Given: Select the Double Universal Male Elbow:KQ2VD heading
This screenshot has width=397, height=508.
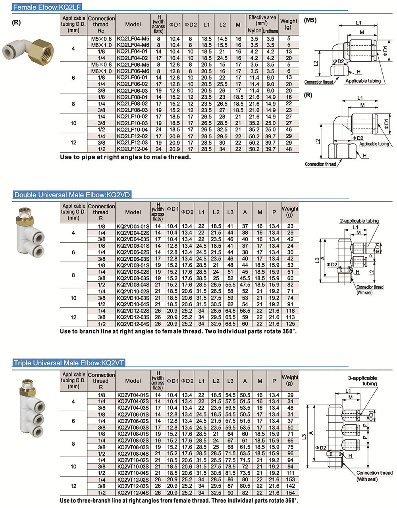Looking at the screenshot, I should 72,195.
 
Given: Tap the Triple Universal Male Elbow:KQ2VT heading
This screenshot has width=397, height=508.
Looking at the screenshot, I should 69,363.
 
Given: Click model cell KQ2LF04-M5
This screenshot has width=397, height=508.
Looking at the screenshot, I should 133,39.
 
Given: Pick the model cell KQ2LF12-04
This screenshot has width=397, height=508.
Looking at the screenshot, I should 133,149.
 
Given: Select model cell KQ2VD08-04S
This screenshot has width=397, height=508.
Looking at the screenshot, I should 133,285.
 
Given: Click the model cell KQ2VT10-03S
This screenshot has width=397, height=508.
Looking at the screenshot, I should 133,466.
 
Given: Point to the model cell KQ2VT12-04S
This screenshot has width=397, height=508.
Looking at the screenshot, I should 133,492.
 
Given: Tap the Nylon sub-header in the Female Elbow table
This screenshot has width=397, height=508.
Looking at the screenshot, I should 254,31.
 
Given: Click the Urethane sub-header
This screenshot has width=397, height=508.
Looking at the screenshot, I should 270,31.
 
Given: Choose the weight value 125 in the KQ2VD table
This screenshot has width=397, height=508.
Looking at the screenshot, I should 290,323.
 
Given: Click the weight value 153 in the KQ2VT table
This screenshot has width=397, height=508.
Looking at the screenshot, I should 290,479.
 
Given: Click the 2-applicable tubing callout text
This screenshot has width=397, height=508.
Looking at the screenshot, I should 359,221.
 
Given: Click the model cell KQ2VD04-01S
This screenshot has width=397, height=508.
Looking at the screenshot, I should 133,226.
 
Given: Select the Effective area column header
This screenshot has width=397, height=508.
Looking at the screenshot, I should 262,20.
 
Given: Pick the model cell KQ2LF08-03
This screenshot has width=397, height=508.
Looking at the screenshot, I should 133,110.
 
